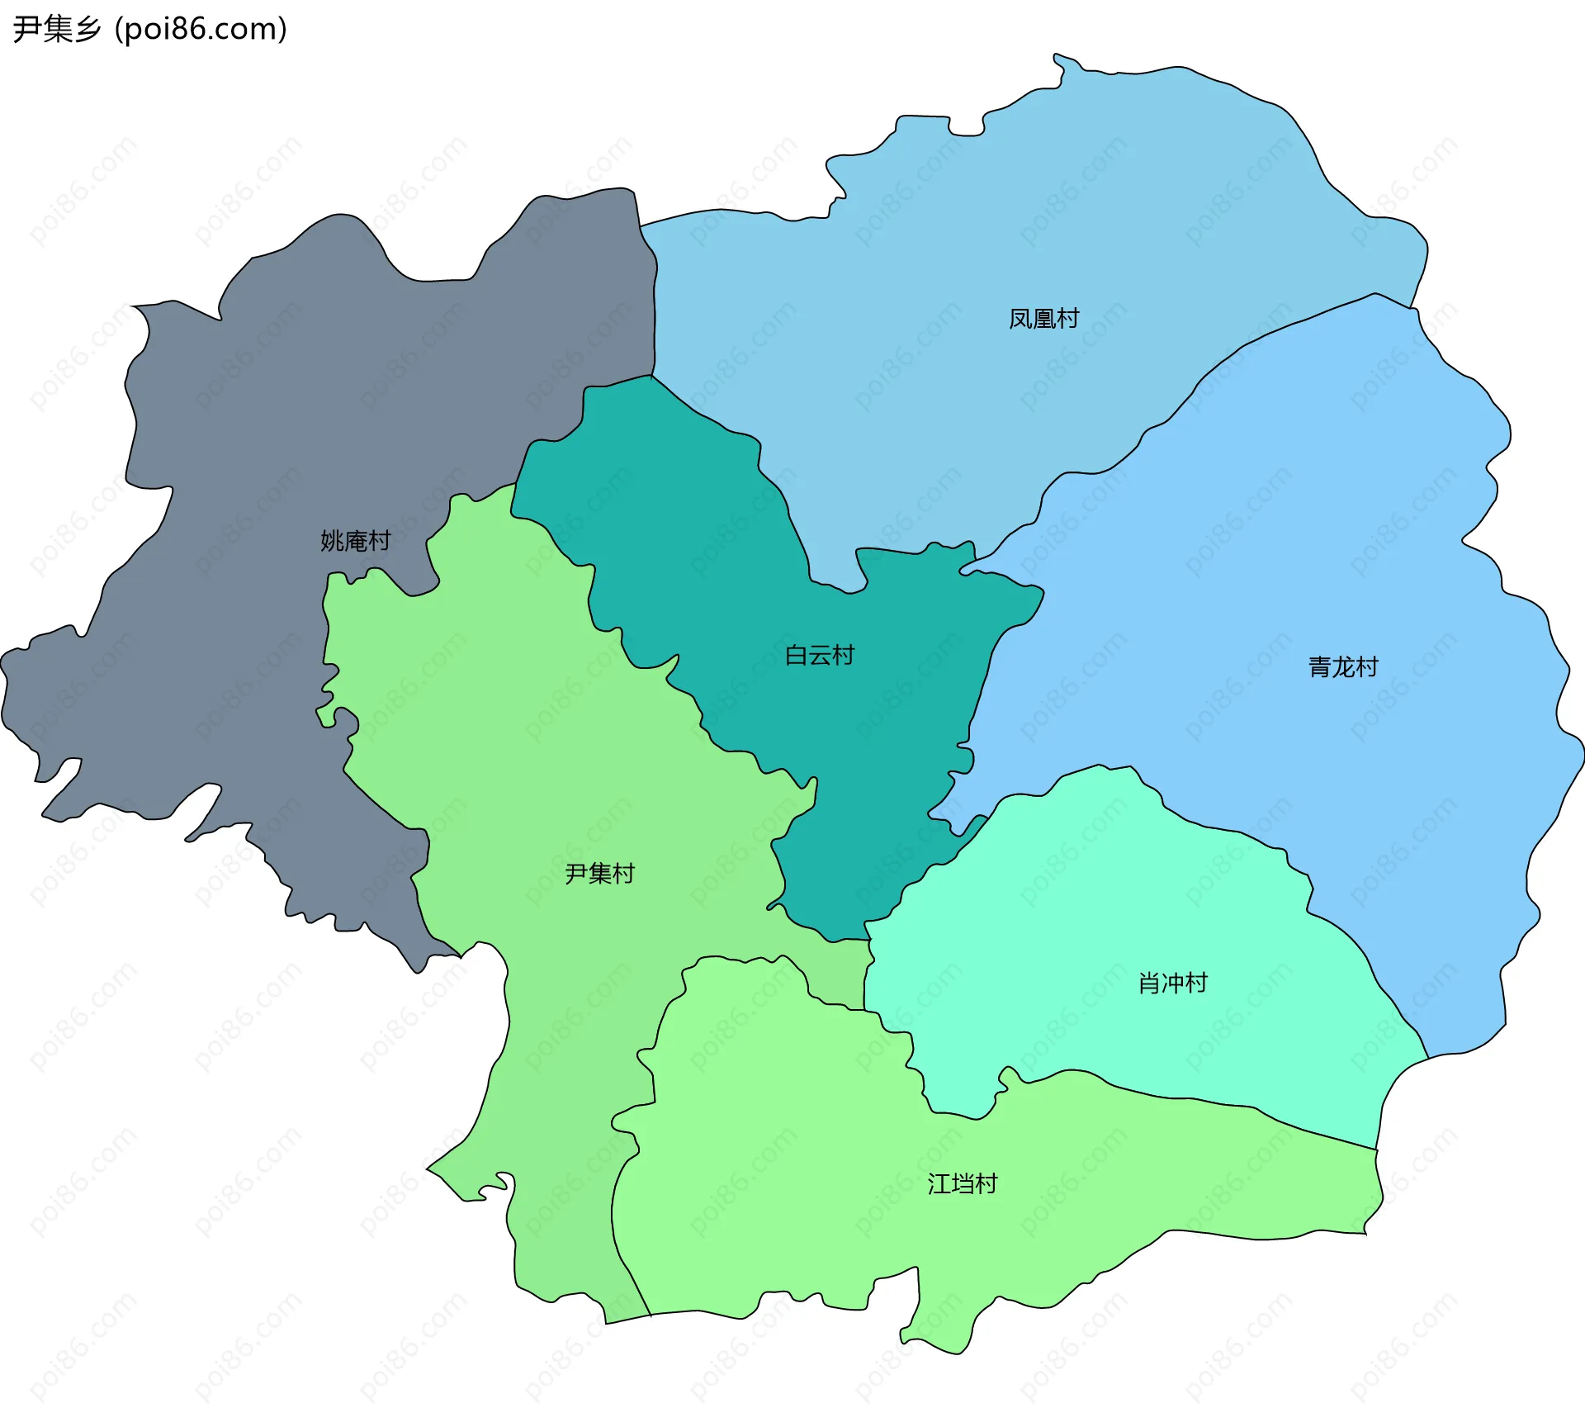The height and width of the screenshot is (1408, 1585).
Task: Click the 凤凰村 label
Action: [x=1043, y=319]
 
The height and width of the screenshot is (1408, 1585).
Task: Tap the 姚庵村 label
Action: [x=355, y=541]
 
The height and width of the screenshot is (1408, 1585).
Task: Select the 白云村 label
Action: [x=819, y=655]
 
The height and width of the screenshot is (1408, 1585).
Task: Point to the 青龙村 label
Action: [x=1343, y=666]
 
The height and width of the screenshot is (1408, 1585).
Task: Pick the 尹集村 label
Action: [x=599, y=873]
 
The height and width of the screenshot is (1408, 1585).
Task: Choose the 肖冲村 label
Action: [x=1172, y=983]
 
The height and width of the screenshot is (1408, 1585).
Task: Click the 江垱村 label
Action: [x=962, y=1183]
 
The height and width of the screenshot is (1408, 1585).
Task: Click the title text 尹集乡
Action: [x=57, y=29]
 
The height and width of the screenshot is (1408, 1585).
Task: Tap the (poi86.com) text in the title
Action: [x=201, y=29]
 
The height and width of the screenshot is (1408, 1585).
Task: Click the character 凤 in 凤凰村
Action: [x=1020, y=319]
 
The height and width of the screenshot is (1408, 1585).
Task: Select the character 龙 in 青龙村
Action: [x=1343, y=666]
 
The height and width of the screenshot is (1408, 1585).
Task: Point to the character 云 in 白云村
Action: [x=820, y=655]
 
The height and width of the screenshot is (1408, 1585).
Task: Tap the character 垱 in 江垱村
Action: [x=963, y=1183]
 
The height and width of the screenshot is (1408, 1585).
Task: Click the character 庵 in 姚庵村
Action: [x=356, y=541]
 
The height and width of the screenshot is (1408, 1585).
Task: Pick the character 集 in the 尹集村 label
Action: [x=600, y=873]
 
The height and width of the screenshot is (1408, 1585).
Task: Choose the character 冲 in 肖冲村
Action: [x=1173, y=983]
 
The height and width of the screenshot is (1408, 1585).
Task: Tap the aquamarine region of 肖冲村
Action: [x=1114, y=908]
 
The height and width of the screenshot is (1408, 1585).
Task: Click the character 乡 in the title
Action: [x=88, y=29]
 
